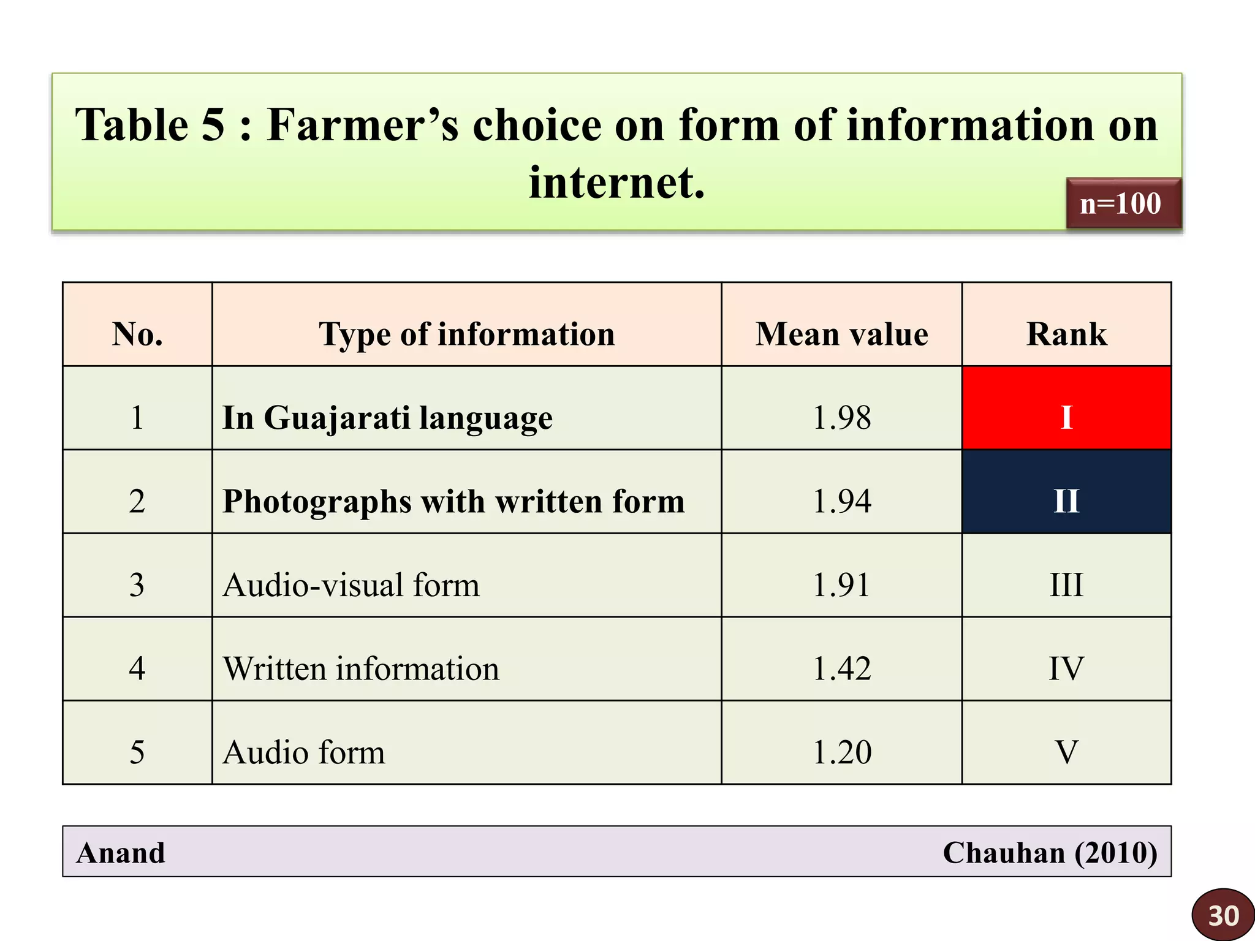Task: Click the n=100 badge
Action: (x=1123, y=203)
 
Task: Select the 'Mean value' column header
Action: (x=841, y=334)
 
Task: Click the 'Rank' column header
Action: (x=1066, y=334)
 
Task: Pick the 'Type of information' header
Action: (x=466, y=334)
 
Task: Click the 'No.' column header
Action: (x=137, y=334)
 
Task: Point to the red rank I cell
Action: (x=1066, y=408)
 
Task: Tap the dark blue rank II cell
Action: (x=1066, y=492)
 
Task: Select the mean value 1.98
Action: (x=841, y=418)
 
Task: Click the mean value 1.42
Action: (x=841, y=668)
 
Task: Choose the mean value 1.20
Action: (x=841, y=752)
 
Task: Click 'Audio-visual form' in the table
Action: (x=351, y=585)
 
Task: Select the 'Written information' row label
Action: (x=360, y=668)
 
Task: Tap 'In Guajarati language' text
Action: (x=387, y=418)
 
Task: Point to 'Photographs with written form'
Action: (x=453, y=502)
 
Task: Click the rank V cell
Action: (x=1066, y=752)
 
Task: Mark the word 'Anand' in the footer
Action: (x=121, y=853)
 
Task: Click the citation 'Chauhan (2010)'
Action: (x=1050, y=853)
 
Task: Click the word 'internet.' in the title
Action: (x=616, y=183)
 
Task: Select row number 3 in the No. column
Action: (x=137, y=585)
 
